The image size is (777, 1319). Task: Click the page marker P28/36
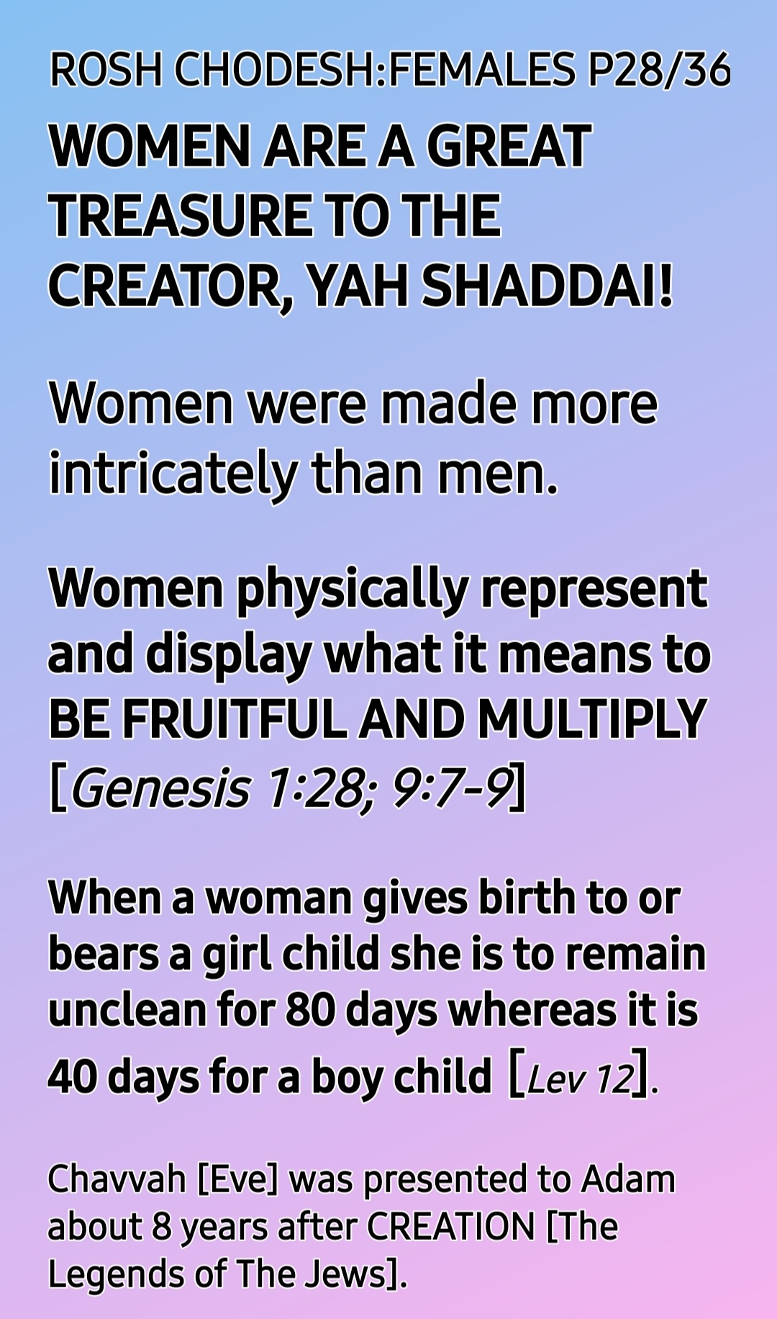pos(659,71)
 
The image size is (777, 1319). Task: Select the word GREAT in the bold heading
pos(509,146)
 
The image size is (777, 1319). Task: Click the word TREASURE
pos(181,215)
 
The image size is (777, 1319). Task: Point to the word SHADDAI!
pos(547,284)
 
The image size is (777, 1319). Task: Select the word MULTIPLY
pos(591,719)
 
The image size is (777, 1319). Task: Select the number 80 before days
pos(310,1009)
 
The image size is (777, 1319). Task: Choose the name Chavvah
pos(117,1179)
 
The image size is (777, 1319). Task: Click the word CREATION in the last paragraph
pos(451,1226)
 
